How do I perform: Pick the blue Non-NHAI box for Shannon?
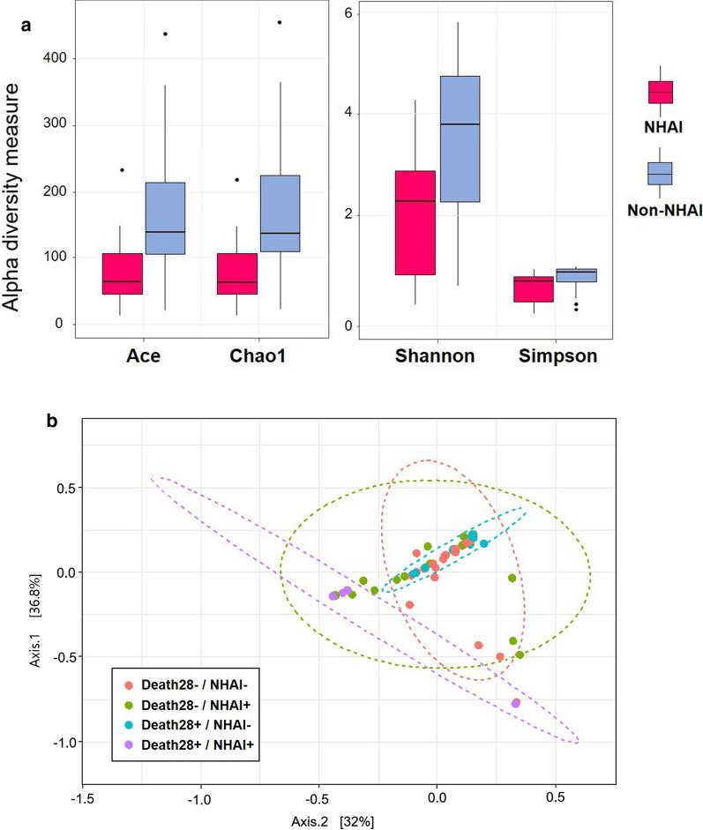[460, 138]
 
